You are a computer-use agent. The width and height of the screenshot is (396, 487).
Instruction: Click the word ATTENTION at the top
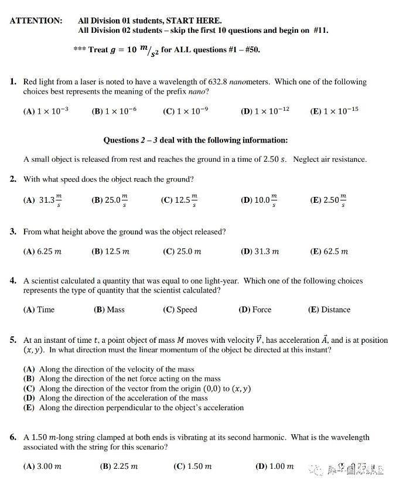tap(36, 21)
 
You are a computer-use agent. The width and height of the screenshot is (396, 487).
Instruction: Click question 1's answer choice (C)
tap(185, 111)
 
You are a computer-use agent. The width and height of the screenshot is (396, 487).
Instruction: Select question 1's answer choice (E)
tap(334, 111)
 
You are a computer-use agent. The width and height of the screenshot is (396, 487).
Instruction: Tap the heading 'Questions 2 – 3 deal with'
tap(196, 140)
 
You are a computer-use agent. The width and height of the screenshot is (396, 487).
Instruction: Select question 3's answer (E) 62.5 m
tap(329, 251)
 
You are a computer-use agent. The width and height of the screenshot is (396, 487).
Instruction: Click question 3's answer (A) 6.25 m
tap(42, 251)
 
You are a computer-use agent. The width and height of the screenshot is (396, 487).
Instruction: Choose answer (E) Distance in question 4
tap(329, 309)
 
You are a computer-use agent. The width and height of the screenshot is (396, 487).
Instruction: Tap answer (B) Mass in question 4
tap(109, 309)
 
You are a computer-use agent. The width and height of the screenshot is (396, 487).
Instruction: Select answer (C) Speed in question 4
tap(180, 309)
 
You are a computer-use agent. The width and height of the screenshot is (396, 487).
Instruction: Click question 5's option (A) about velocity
tap(108, 369)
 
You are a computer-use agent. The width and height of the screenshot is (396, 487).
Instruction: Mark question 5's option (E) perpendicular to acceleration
tap(133, 407)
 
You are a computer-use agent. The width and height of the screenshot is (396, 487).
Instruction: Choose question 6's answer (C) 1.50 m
tap(192, 466)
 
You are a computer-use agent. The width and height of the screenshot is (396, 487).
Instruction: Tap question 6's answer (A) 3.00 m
tap(42, 466)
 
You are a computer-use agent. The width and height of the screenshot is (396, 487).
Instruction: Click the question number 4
tap(13, 281)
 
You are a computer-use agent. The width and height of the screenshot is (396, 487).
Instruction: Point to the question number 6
tap(13, 437)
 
